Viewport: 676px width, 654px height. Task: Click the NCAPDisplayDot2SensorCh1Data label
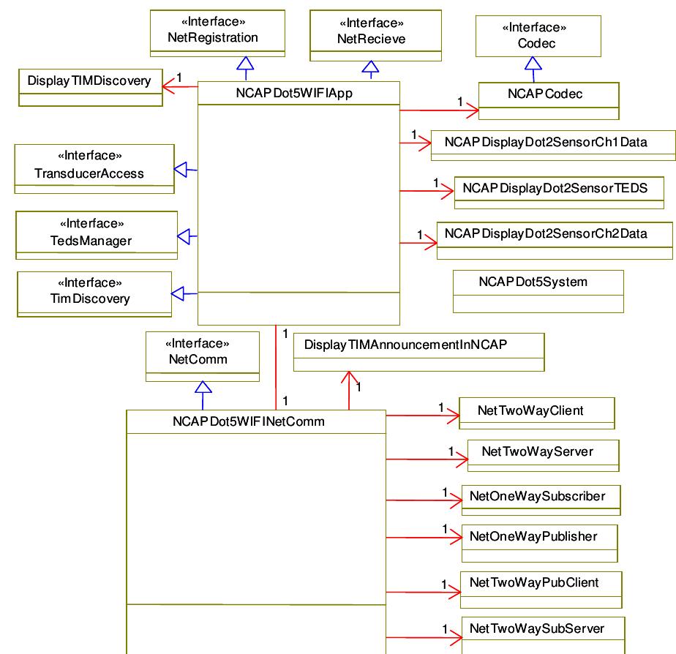(546, 142)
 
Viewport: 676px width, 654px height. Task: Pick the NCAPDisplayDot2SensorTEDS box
(555, 188)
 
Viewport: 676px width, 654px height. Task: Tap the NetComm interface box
(203, 356)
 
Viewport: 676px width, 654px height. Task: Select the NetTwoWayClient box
(536, 413)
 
